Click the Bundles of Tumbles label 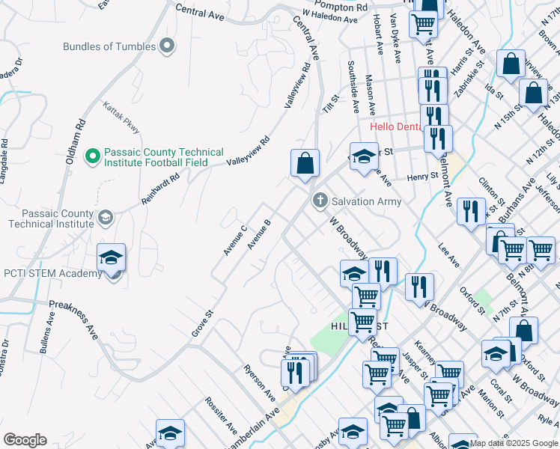pos(109,46)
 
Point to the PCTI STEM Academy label pos(52,273)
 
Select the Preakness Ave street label pos(73,320)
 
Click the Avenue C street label pos(235,239)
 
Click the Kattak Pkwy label pos(121,118)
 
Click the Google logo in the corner pos(25,440)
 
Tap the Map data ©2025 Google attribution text pos(514,443)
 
